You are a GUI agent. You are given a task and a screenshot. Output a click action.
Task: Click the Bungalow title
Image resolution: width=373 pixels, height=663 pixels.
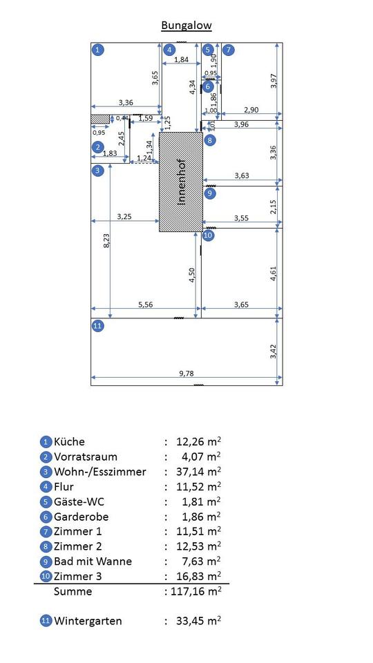[x=186, y=26]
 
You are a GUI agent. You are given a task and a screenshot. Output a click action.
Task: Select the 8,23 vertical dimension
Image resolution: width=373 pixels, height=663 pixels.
[x=107, y=240]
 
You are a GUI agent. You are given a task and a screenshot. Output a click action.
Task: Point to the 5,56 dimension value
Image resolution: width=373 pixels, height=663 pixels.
[x=146, y=304]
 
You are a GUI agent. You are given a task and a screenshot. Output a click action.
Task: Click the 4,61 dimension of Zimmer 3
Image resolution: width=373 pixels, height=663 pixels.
[x=274, y=273]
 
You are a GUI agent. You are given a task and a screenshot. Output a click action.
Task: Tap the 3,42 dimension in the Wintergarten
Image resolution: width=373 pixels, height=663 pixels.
[x=274, y=352]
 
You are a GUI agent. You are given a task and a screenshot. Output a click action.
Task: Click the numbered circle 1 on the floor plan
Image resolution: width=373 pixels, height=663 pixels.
[x=98, y=50]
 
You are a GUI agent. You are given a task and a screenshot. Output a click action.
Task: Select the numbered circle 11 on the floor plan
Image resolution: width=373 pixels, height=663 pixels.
[x=97, y=325]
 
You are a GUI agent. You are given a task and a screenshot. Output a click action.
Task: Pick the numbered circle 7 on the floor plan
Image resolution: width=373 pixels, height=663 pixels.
[x=229, y=50]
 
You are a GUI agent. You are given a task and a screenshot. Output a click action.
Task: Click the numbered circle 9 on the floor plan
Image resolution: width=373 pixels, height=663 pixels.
[x=209, y=193]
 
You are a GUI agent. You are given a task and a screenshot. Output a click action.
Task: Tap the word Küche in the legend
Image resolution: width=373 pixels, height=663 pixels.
[x=69, y=442]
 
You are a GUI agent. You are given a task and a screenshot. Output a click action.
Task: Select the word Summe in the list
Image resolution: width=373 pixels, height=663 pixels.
[x=73, y=591]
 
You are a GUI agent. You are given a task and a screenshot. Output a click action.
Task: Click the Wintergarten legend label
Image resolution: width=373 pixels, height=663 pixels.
[x=88, y=621]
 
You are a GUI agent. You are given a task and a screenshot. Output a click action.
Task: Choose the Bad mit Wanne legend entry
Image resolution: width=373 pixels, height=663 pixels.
[x=93, y=561]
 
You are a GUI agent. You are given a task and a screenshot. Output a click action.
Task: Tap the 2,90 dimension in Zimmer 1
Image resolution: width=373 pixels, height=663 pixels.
[x=251, y=110]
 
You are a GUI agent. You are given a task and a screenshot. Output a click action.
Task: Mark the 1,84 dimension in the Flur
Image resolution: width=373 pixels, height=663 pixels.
[x=182, y=59]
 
